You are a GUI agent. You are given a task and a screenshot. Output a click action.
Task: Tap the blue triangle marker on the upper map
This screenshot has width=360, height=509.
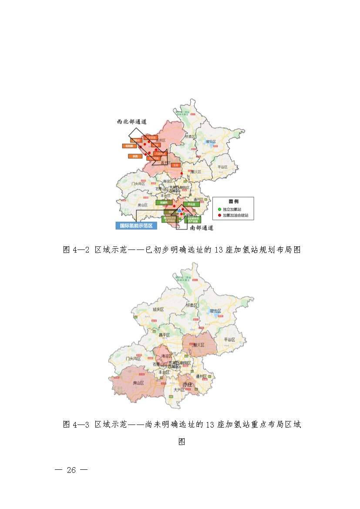point(179,210)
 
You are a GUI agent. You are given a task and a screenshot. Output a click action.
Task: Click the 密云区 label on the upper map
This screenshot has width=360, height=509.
point(211,142)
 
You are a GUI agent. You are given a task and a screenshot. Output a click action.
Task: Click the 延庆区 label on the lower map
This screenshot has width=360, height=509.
point(158,309)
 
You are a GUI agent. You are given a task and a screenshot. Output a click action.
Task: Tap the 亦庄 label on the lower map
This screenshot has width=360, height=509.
point(188,384)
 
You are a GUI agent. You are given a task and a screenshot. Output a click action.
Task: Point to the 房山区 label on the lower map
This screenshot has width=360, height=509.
point(138,383)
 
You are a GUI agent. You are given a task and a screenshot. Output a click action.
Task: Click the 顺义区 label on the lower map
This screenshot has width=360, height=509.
point(199,345)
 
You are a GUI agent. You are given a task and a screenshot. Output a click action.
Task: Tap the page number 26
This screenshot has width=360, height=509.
point(71,470)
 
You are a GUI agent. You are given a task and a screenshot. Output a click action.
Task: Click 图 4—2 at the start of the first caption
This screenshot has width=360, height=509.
point(76,250)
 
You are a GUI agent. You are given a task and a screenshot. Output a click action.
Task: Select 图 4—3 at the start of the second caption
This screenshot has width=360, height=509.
point(76,424)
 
